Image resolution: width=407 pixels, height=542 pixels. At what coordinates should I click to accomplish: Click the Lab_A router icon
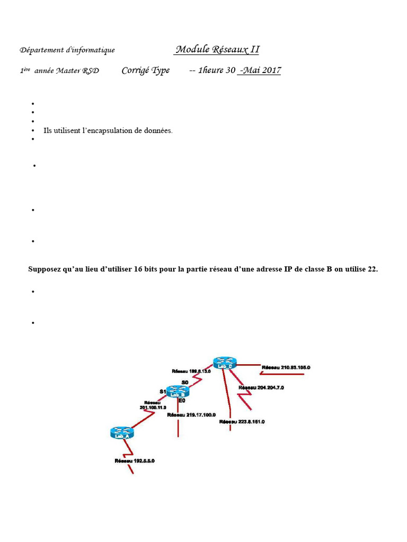[122, 432]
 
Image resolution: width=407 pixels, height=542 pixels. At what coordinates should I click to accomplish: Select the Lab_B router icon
[178, 392]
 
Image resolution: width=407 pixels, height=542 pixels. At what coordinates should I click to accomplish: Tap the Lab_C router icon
[225, 363]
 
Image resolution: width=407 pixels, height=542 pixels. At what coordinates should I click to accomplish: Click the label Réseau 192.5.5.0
[135, 461]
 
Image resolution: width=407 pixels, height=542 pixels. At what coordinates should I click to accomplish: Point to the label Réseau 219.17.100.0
[189, 415]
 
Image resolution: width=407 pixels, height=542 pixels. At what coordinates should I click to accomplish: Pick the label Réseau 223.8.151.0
[242, 422]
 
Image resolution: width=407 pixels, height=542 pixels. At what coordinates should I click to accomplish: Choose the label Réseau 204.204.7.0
[261, 388]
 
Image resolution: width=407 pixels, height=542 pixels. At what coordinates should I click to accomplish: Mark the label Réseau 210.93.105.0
[286, 367]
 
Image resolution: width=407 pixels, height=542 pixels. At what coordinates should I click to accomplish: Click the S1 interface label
[163, 391]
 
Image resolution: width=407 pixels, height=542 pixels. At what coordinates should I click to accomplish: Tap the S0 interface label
[185, 382]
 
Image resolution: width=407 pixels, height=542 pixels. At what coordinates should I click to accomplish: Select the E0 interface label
[181, 401]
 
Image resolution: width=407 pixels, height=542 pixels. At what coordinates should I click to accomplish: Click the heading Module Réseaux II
[217, 50]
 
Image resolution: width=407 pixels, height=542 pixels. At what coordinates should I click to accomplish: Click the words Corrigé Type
[146, 70]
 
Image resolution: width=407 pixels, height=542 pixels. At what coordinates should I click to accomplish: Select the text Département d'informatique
[67, 50]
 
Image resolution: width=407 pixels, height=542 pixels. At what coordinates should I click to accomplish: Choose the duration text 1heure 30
[216, 70]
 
